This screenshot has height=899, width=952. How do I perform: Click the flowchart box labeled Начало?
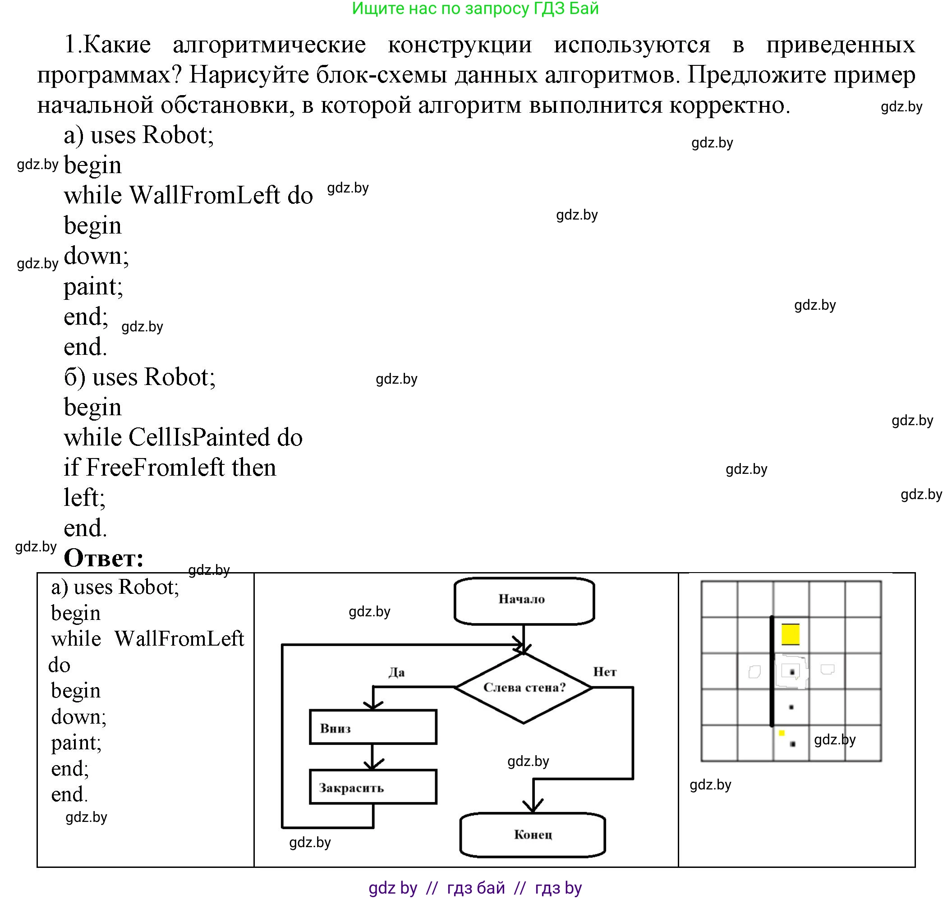tap(524, 601)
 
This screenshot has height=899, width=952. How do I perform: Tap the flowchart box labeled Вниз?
tap(373, 726)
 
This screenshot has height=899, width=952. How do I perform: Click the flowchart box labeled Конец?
tap(533, 835)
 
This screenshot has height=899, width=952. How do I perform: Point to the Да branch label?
tap(396, 672)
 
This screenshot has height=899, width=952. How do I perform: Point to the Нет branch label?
tap(604, 672)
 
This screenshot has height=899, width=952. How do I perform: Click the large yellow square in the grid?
tap(790, 634)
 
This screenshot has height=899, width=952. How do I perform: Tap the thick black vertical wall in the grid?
tap(772, 671)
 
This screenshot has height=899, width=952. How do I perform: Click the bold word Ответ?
tap(104, 558)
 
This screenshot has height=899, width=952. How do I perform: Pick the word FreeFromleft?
tap(154, 467)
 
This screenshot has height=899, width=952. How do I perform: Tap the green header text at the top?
tap(475, 9)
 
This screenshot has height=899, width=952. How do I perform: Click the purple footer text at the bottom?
tap(475, 888)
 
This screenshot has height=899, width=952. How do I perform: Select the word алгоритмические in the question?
tap(269, 45)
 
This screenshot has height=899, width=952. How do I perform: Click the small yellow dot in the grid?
tap(782, 733)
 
